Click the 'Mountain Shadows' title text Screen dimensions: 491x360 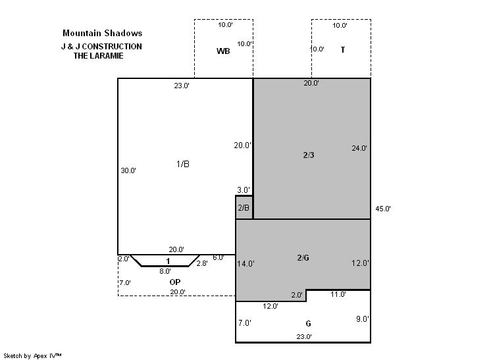(103, 33)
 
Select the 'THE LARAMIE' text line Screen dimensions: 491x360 (98, 56)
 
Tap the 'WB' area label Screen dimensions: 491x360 (223, 51)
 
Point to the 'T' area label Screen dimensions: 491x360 (343, 50)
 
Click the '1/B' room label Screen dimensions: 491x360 (183, 164)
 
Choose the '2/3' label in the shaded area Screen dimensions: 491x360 (309, 155)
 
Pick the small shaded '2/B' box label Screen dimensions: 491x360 (244, 207)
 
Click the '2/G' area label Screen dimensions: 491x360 (303, 257)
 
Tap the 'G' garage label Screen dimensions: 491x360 (309, 324)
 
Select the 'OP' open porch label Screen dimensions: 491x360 (175, 282)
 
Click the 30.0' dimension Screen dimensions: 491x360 (128, 170)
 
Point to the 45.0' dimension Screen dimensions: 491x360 (383, 209)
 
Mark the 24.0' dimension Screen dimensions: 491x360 (359, 148)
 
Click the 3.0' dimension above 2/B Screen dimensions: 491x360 (244, 190)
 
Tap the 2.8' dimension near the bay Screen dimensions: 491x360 (202, 263)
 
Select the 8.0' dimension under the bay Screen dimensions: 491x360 (165, 271)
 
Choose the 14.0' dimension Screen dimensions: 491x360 (245, 264)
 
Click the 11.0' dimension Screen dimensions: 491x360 (338, 294)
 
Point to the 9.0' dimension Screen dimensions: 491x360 (362, 319)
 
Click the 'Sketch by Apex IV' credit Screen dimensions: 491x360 (32, 356)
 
